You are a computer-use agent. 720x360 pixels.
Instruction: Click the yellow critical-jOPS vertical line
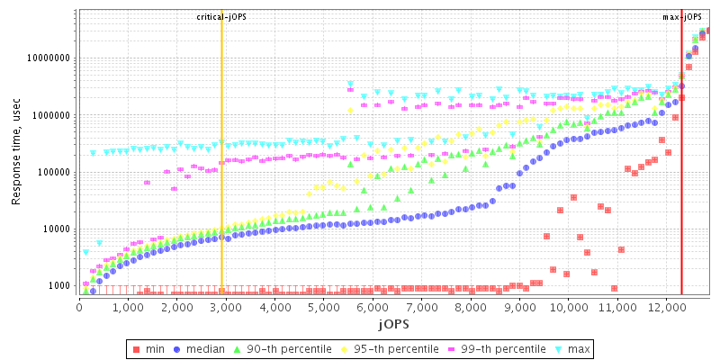tap(221, 180)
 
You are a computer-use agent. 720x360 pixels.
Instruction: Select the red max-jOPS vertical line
tap(681, 180)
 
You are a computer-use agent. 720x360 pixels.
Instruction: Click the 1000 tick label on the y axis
tap(59, 286)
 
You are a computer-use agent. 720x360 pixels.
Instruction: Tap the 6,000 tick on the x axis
tap(373, 307)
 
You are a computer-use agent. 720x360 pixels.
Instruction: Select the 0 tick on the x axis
tap(80, 307)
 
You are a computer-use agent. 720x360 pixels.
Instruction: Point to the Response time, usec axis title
tap(16, 154)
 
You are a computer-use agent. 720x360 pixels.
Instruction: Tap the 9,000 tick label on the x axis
tap(518, 307)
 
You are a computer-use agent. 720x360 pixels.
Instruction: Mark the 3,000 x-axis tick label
tap(226, 307)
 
